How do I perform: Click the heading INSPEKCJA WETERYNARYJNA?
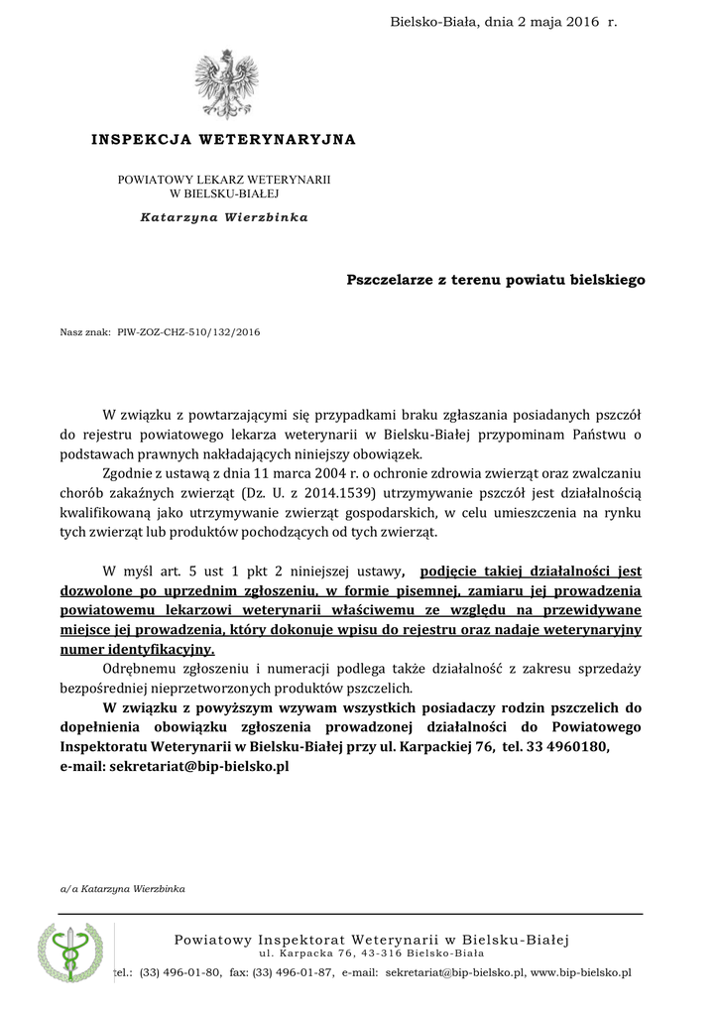[223, 140]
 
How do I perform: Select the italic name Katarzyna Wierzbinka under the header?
[224, 217]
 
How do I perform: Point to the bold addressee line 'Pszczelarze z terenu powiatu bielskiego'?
[496, 280]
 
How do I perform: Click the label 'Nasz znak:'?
[84, 333]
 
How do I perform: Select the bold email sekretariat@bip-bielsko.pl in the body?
[198, 766]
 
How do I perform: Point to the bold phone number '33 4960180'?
[573, 747]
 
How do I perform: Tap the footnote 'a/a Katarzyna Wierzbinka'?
[123, 889]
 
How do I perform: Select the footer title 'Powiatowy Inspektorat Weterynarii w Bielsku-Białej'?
[372, 940]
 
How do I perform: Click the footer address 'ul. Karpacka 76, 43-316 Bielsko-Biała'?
[372, 954]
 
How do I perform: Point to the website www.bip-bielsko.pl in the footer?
[581, 973]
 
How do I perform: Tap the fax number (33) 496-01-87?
[294, 973]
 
